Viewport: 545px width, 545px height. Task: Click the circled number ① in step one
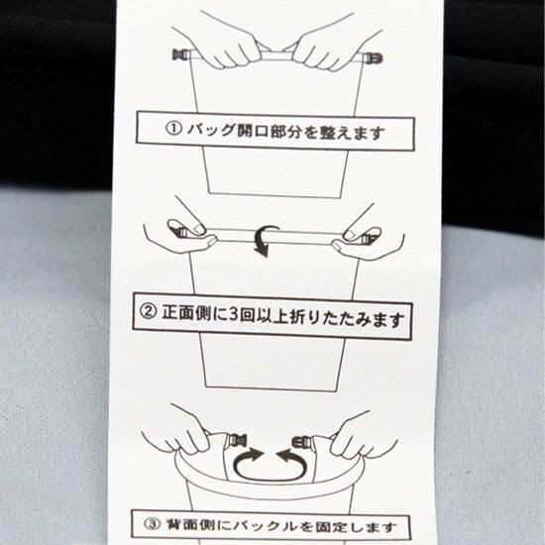(172, 128)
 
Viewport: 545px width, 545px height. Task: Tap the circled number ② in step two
(147, 311)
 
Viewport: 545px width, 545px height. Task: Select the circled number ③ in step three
(152, 523)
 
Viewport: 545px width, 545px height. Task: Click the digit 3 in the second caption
(234, 314)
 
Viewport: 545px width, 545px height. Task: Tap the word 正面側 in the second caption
(186, 312)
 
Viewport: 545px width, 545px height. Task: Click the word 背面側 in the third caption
(190, 524)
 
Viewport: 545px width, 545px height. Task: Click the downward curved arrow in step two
(266, 240)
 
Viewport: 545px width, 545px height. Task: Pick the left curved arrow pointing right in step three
(247, 464)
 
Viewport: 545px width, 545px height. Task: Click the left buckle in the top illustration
(181, 54)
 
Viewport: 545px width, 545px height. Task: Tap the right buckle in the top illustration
(373, 57)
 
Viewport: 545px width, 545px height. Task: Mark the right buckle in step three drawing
(302, 441)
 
